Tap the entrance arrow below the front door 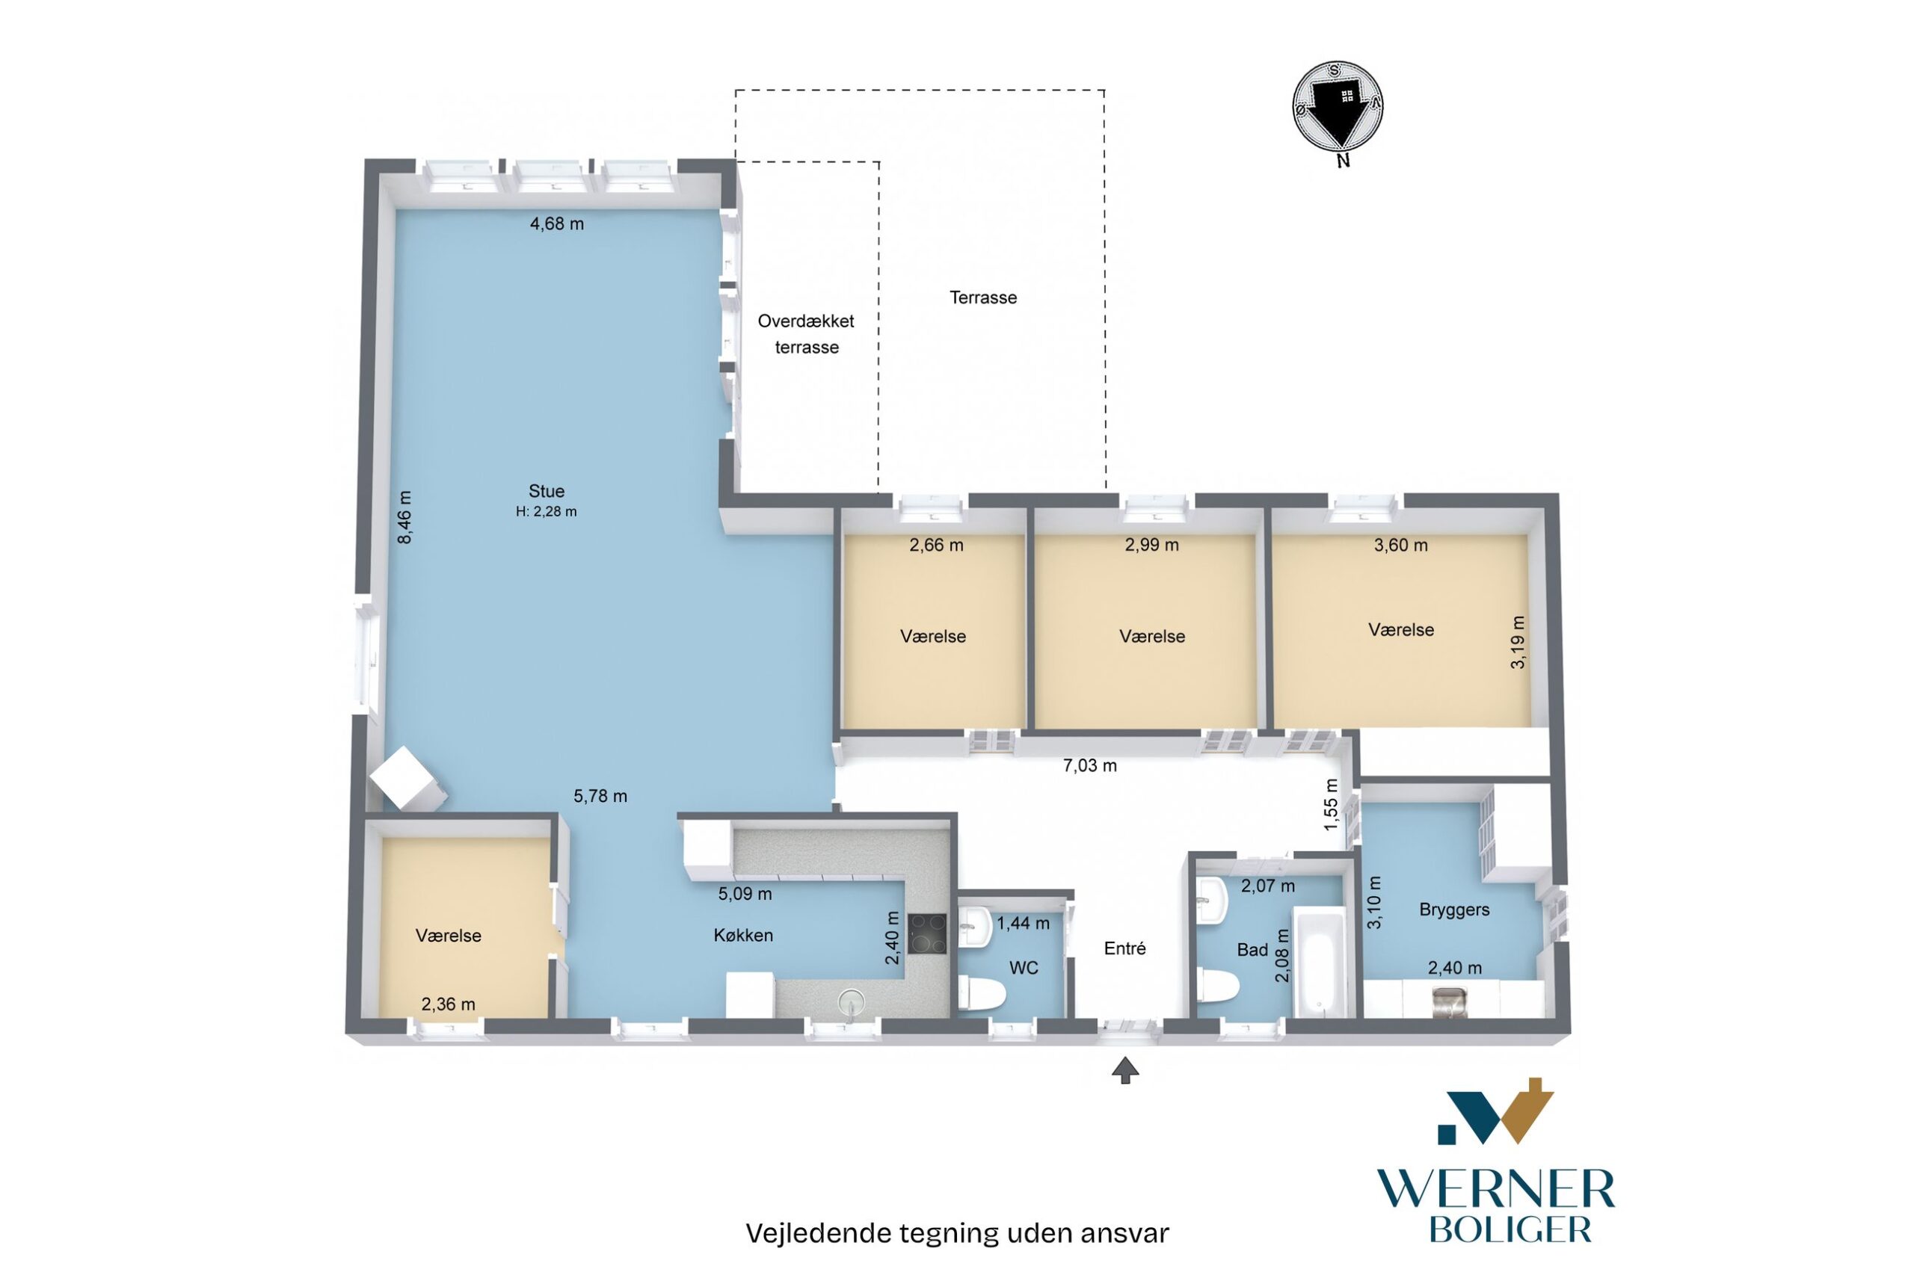(1125, 1070)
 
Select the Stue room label (546, 491)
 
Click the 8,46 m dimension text (404, 516)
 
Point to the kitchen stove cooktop (927, 934)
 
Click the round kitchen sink (849, 999)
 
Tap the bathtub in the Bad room (1319, 964)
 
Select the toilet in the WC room (981, 992)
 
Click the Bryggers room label (1454, 910)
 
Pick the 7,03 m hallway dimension (1090, 765)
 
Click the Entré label (1125, 948)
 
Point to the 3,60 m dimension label (1400, 546)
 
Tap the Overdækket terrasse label (806, 334)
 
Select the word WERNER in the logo (1495, 1191)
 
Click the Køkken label (743, 936)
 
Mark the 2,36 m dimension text (448, 1004)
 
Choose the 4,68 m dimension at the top (557, 223)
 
